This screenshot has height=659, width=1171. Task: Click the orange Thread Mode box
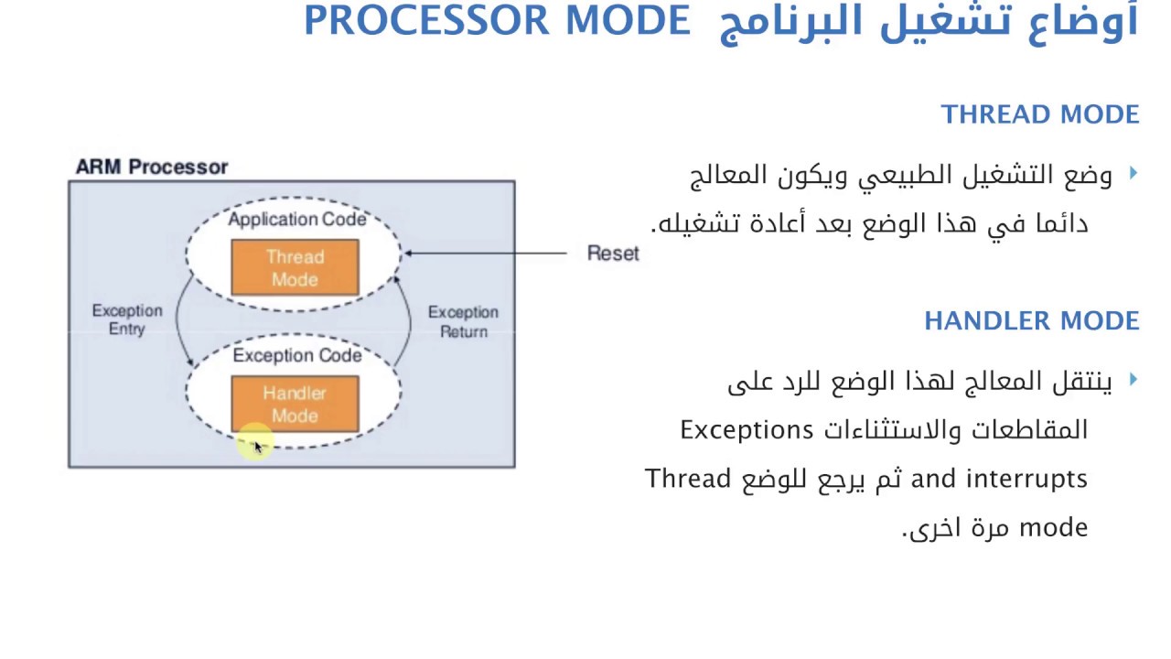pos(295,267)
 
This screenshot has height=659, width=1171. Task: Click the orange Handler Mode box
pos(295,404)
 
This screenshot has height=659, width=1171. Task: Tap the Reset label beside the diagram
pos(613,254)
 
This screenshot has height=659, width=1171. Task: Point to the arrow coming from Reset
pos(486,254)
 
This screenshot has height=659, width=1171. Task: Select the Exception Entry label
pos(127,319)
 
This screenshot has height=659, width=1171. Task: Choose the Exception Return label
pos(463,321)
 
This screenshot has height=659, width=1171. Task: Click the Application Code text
pos(297,219)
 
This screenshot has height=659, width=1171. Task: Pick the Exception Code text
pos(297,356)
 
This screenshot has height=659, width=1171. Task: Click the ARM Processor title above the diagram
pos(152,167)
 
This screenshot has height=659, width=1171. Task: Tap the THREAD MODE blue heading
pos(1040,114)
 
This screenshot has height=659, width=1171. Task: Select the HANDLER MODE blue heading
pos(1031,320)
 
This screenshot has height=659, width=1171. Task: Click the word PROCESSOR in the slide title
pos(426,20)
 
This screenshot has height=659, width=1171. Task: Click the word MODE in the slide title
pos(628,20)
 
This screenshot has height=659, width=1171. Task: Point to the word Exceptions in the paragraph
pos(746,430)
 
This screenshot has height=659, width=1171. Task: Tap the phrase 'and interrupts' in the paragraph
pos(999,479)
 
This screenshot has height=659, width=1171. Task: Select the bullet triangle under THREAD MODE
pos(1133,173)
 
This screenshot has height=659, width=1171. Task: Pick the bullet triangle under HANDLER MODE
pos(1133,379)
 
